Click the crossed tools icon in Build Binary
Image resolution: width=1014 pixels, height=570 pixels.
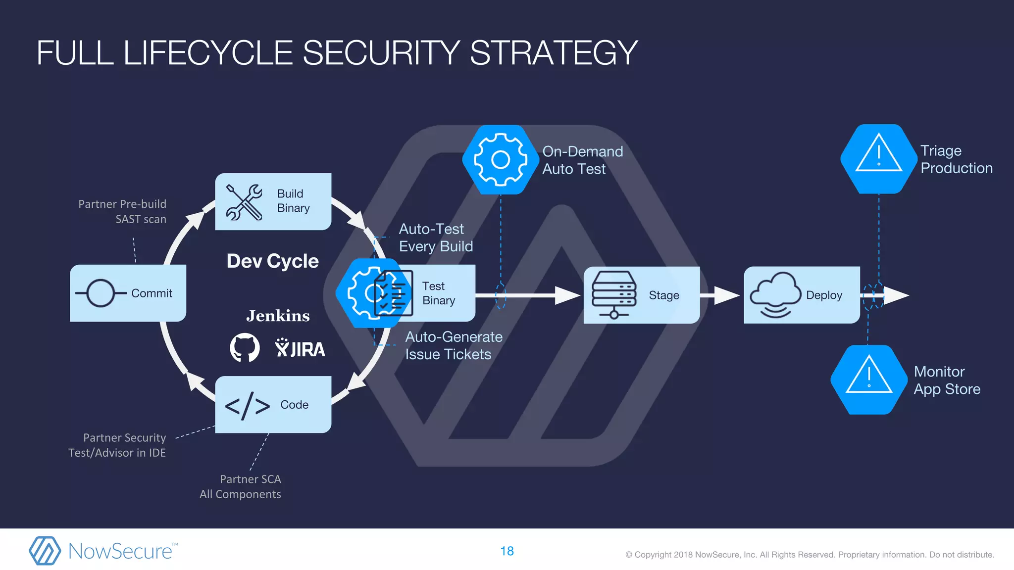pyautogui.click(x=244, y=202)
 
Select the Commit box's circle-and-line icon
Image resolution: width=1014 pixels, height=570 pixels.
pyautogui.click(x=101, y=293)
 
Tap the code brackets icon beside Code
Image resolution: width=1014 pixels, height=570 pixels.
pyautogui.click(x=248, y=406)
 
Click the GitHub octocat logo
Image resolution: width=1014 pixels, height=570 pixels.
pyautogui.click(x=245, y=347)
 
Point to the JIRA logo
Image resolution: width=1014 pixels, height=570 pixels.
pyautogui.click(x=300, y=348)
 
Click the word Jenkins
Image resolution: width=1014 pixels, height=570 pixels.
pyautogui.click(x=278, y=316)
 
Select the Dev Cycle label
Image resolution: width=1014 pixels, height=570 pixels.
pyautogui.click(x=272, y=261)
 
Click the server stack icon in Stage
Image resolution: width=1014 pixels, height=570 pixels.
pyautogui.click(x=614, y=294)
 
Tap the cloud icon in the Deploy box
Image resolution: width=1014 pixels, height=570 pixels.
pyautogui.click(x=775, y=294)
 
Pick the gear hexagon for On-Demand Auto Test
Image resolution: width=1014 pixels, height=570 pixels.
pyautogui.click(x=501, y=159)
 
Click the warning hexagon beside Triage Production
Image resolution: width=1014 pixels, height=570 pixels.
pyautogui.click(x=879, y=158)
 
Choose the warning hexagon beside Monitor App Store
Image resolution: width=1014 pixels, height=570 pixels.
pyautogui.click(x=869, y=380)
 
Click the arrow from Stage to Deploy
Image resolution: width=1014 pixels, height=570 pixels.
pyautogui.click(x=721, y=295)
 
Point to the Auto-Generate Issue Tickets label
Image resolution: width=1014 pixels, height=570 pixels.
pyautogui.click(x=454, y=345)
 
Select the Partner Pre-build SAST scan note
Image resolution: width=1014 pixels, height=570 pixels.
pyautogui.click(x=122, y=211)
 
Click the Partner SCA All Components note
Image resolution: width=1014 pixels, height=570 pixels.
pyautogui.click(x=241, y=486)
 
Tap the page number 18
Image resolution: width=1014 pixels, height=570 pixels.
pyautogui.click(x=507, y=551)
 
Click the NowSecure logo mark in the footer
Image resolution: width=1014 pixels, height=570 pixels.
pyautogui.click(x=45, y=551)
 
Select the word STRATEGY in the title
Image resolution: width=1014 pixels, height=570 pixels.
pyautogui.click(x=554, y=53)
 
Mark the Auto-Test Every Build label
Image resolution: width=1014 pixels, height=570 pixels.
pyautogui.click(x=436, y=237)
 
